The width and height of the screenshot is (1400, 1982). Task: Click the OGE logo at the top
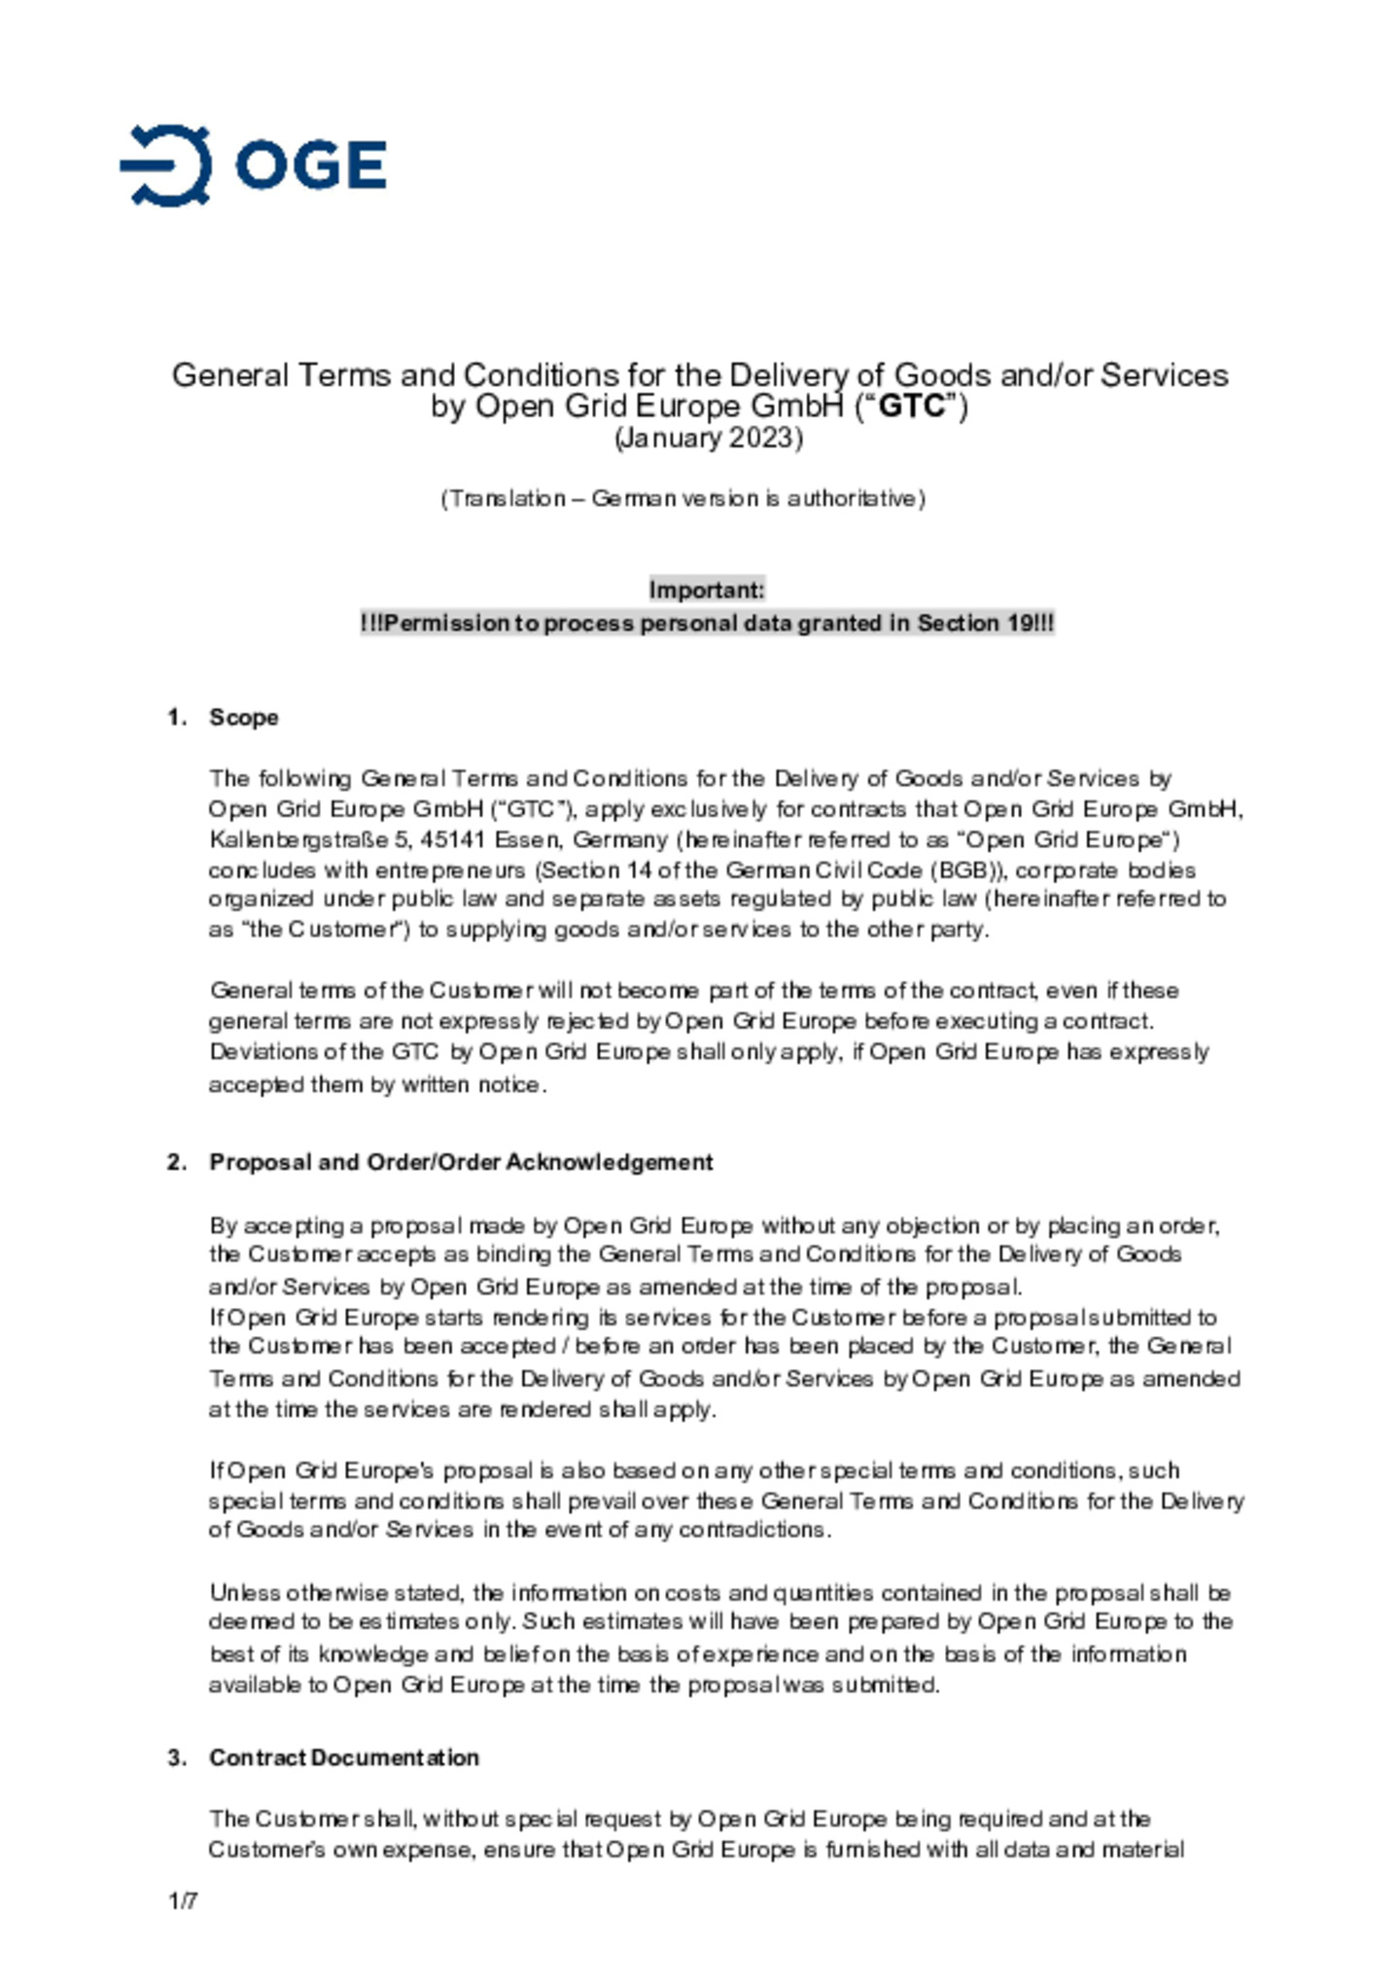coord(253,165)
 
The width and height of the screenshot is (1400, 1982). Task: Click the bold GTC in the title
coord(911,406)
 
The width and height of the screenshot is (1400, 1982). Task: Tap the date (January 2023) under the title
coord(709,438)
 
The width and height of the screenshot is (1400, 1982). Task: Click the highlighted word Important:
coord(707,590)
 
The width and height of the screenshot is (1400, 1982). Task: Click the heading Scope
coord(244,718)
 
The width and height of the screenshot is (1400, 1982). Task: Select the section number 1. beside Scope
coord(176,718)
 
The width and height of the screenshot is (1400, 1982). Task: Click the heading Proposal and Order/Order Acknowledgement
coord(461,1162)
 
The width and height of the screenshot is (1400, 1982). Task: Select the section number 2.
coord(176,1162)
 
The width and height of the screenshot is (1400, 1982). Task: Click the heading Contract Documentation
coord(344,1757)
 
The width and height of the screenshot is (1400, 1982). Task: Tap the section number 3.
coord(176,1757)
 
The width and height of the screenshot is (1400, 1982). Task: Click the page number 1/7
coord(183,1901)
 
